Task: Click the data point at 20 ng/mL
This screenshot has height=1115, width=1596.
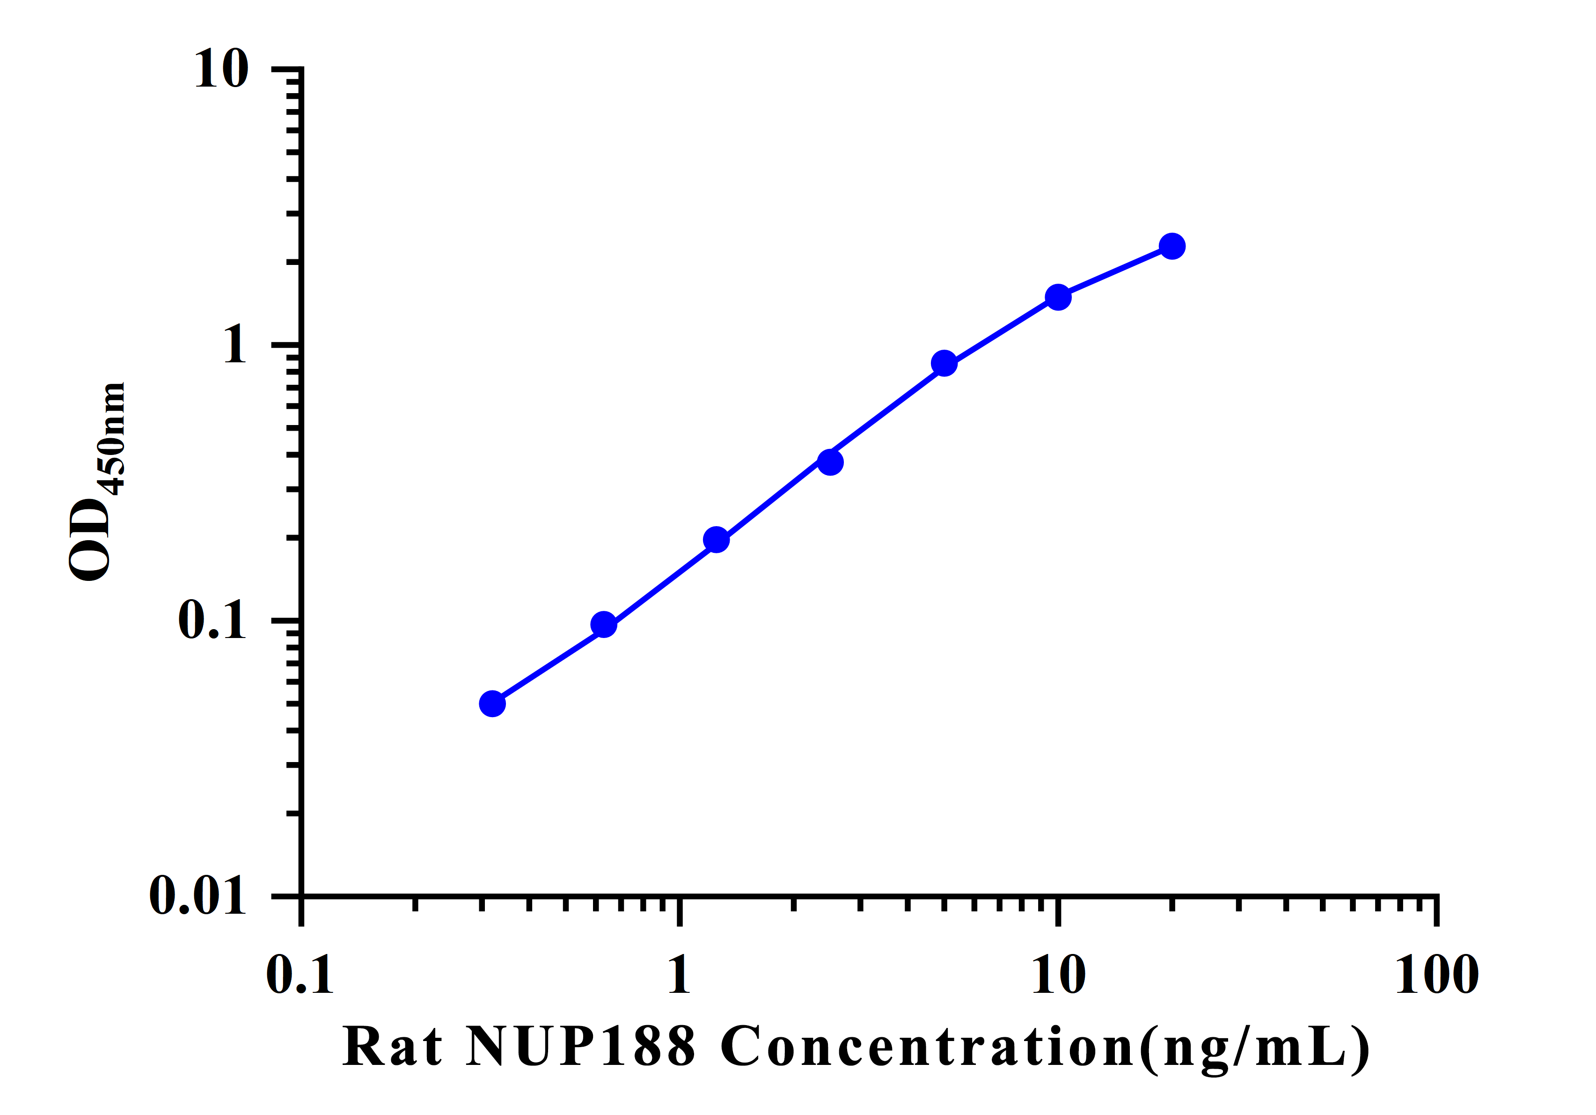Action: tap(1172, 246)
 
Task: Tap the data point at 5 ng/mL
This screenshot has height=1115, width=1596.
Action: tap(944, 363)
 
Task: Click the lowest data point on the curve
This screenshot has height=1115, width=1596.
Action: tap(492, 704)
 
